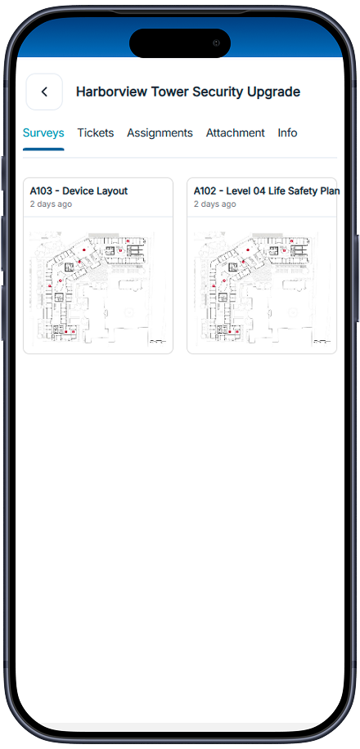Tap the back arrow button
pyautogui.click(x=44, y=92)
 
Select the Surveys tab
pyautogui.click(x=43, y=132)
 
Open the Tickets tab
pyautogui.click(x=96, y=132)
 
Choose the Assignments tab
pyautogui.click(x=160, y=132)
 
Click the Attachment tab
pyautogui.click(x=235, y=132)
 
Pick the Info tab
pyautogui.click(x=287, y=132)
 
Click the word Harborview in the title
pyautogui.click(x=111, y=92)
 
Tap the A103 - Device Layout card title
pyautogui.click(x=79, y=191)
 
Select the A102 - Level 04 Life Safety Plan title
pyautogui.click(x=266, y=191)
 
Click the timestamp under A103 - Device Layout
pyautogui.click(x=51, y=204)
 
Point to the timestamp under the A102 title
pyautogui.click(x=214, y=204)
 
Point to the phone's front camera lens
pyautogui.click(x=216, y=43)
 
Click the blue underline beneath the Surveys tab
pyautogui.click(x=43, y=149)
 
